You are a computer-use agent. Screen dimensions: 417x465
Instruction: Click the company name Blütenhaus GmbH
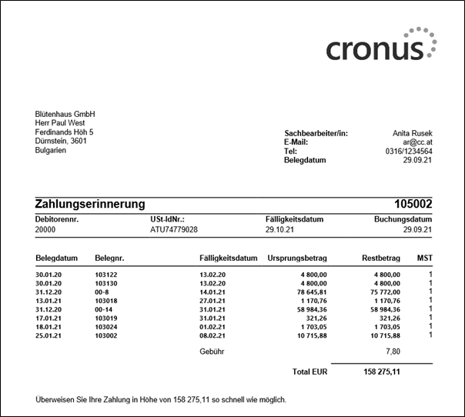click(x=65, y=114)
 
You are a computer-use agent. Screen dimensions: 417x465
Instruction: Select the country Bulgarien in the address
click(x=51, y=151)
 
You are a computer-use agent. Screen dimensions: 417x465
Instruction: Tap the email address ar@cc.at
click(x=416, y=142)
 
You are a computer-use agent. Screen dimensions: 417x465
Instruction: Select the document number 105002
click(x=413, y=205)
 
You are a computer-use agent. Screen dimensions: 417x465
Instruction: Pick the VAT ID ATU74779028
click(x=174, y=229)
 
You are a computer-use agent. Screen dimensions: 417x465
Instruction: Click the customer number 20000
click(x=46, y=229)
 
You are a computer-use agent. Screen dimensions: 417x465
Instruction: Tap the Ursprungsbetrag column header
click(x=298, y=258)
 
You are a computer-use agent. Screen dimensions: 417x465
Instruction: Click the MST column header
click(x=425, y=258)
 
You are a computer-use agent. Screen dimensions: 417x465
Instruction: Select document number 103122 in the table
click(x=105, y=275)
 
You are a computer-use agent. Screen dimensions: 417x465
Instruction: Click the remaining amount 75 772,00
click(x=382, y=292)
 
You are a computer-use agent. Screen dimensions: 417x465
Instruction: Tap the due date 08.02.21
click(x=211, y=335)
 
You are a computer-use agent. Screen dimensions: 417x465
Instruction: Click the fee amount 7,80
click(x=390, y=352)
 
